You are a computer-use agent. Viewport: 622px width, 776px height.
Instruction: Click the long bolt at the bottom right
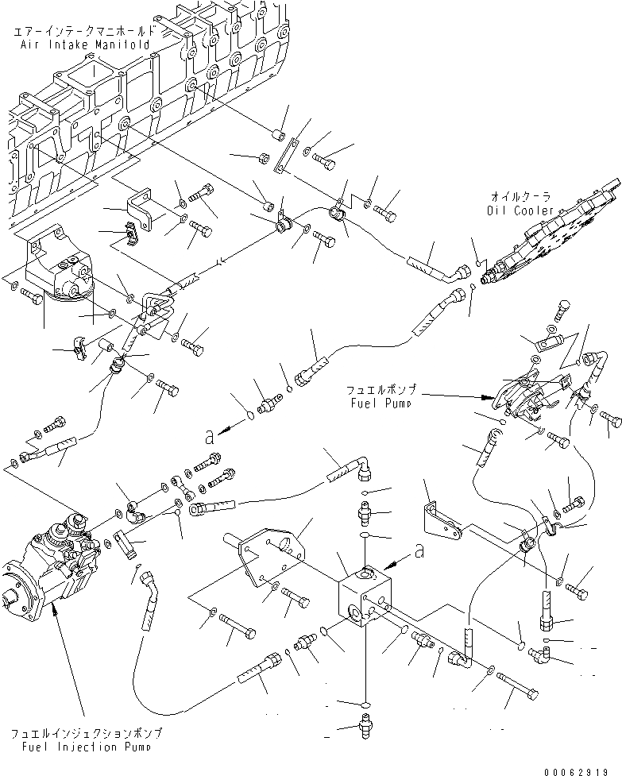pos(520,682)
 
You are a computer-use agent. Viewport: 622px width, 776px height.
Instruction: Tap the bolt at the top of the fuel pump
pos(562,306)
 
